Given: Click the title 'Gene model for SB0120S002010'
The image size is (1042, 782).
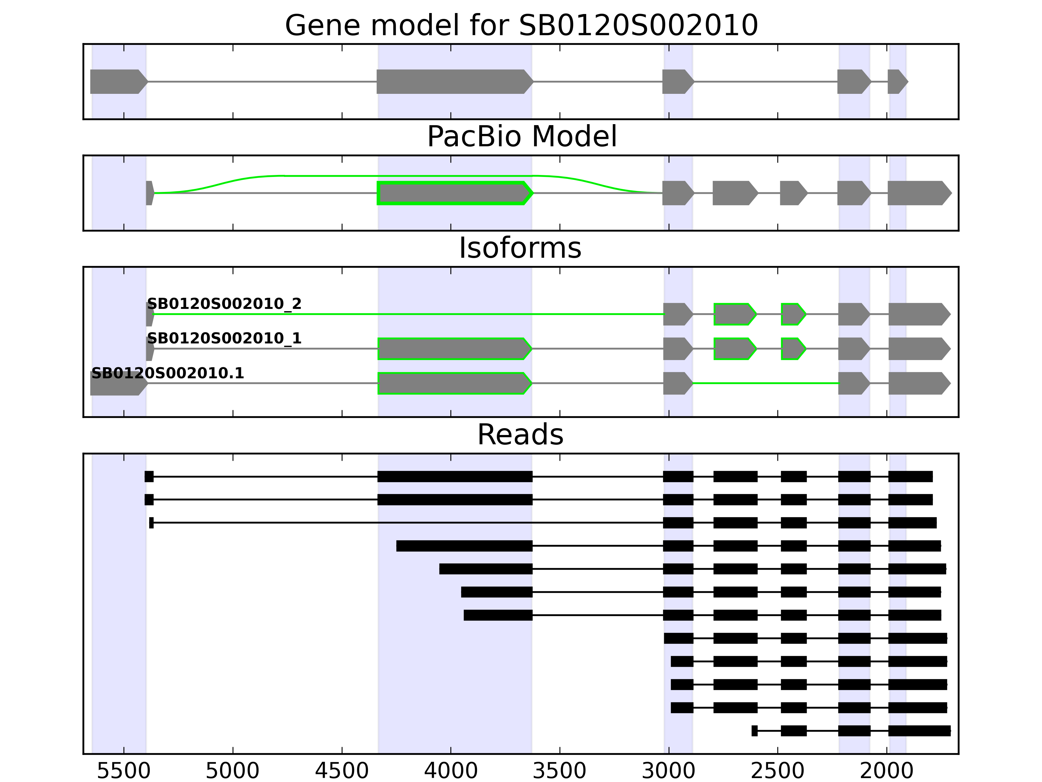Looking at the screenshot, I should click(x=521, y=25).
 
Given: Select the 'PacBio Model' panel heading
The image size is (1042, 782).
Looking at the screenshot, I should click(x=521, y=137).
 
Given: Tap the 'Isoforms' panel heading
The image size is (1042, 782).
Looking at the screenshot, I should click(x=520, y=248).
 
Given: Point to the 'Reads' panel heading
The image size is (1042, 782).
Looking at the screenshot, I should click(x=520, y=435).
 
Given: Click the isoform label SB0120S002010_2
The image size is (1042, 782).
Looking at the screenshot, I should click(x=224, y=304).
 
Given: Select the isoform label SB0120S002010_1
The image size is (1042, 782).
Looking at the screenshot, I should click(x=224, y=339).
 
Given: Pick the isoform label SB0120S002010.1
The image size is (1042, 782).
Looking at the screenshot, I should click(x=168, y=373).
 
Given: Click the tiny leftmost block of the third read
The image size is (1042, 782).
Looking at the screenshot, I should click(x=151, y=523).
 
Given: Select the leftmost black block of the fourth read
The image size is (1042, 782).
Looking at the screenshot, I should click(x=464, y=546).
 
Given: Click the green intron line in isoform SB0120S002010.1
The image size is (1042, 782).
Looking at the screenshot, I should click(x=766, y=383).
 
